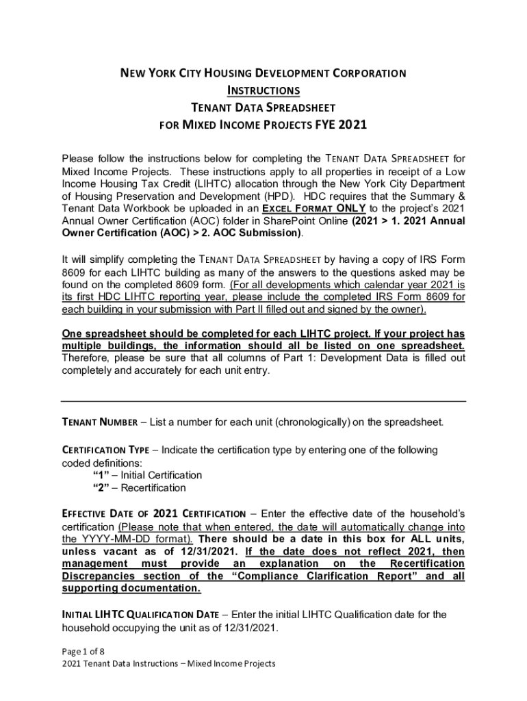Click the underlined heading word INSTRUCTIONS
(263, 90)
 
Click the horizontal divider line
(263, 401)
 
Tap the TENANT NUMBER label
(100, 422)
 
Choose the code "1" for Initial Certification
(100, 475)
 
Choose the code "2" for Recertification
(100, 488)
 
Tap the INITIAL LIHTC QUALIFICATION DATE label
(137, 615)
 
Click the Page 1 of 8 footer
(83, 651)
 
